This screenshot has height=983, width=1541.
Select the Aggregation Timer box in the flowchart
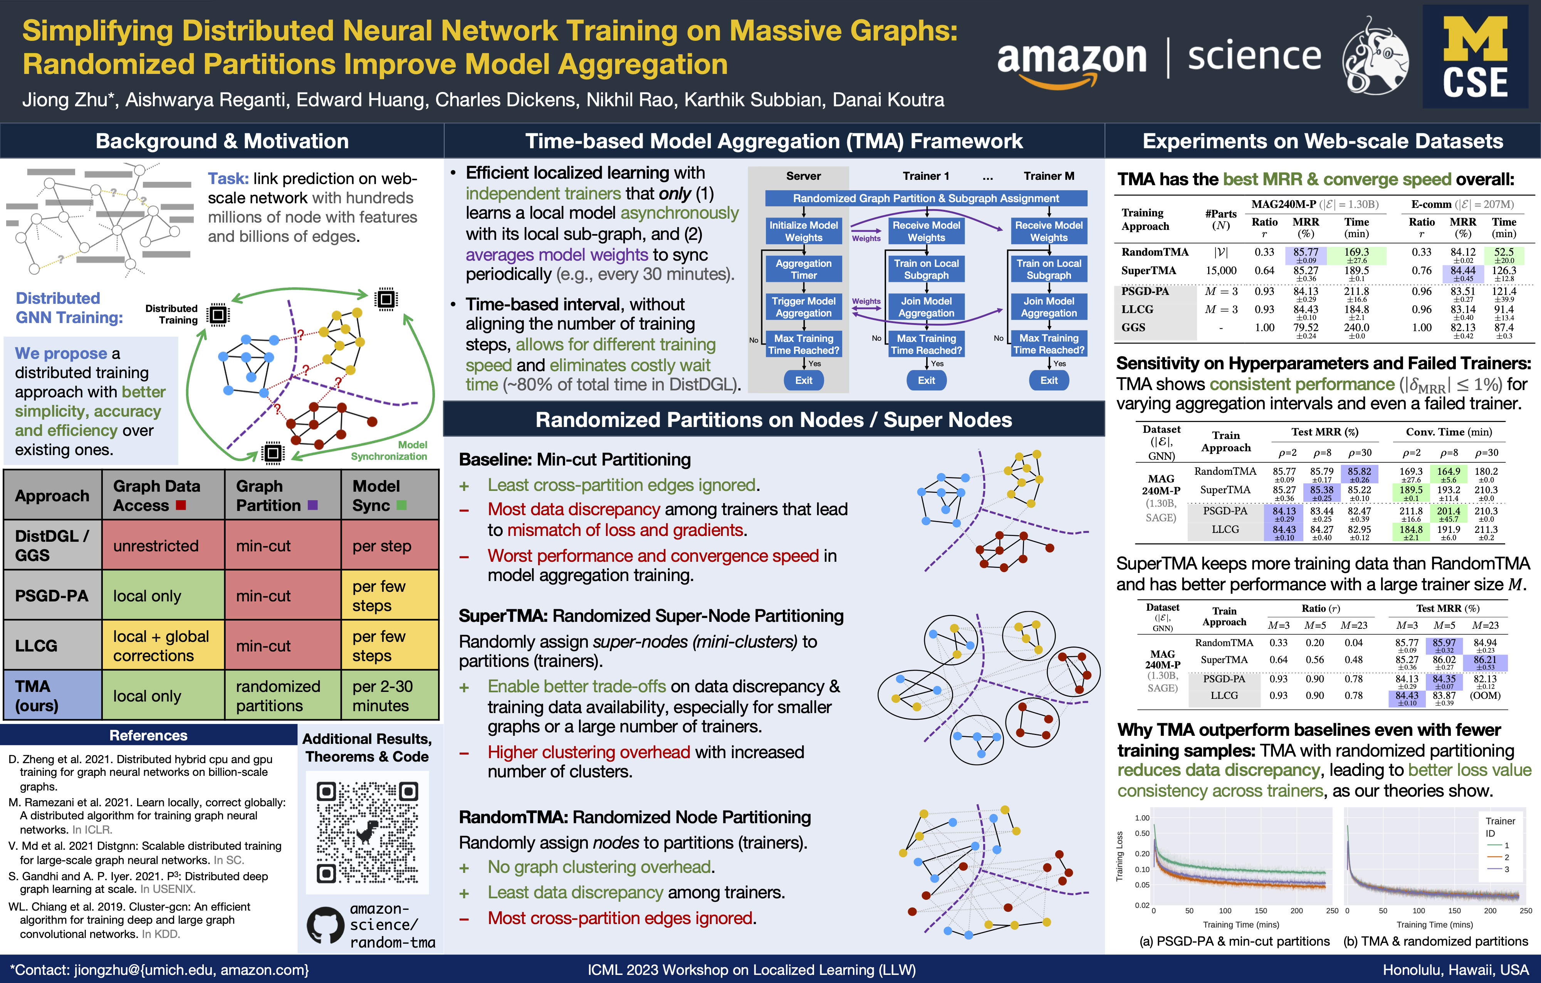point(803,269)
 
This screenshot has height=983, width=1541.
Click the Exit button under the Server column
point(803,380)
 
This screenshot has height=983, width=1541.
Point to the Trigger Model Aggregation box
point(803,307)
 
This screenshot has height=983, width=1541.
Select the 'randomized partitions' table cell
point(282,695)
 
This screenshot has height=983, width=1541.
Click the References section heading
point(148,735)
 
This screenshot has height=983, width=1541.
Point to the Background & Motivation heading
point(222,141)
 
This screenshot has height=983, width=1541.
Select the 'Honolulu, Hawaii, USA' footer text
point(1455,970)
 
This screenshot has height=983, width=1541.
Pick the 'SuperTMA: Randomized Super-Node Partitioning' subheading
point(651,616)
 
